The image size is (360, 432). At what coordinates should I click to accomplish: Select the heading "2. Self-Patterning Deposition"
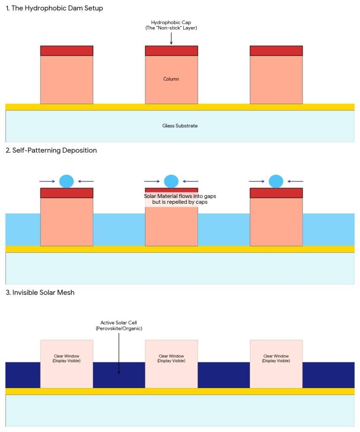pos(51,150)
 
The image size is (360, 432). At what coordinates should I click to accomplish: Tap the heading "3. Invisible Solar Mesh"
pos(40,292)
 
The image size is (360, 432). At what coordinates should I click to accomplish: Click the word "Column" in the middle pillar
pos(171,79)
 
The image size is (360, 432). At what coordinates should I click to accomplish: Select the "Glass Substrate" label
pos(180,126)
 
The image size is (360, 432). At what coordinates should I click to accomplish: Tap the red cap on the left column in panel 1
pos(67,51)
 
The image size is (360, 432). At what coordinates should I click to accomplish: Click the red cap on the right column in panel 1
pos(276,51)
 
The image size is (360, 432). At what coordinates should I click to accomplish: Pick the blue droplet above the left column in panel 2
pos(67,181)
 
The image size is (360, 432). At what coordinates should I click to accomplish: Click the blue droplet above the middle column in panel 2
pos(171,181)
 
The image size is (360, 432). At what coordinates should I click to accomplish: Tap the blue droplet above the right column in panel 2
pos(276,181)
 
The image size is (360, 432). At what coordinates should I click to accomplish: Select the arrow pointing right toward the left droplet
pos(47,181)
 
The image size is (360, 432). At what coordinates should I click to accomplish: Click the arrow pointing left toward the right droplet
pos(295,181)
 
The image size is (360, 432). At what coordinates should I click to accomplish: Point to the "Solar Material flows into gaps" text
pos(180,196)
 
